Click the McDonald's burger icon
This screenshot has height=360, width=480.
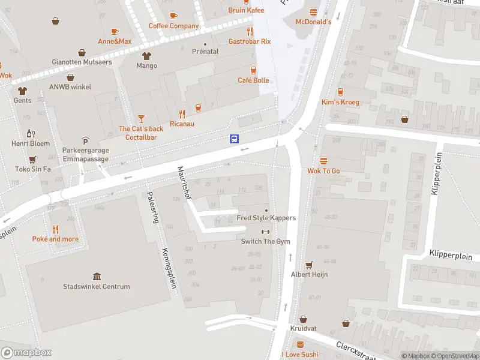[x=313, y=12]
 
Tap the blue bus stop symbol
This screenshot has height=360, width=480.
[x=234, y=139]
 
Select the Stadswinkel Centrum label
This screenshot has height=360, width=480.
[x=97, y=286]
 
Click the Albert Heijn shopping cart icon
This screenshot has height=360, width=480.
[x=310, y=265]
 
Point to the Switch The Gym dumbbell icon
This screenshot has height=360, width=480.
[x=266, y=232]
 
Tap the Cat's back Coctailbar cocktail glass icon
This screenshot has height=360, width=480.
[x=141, y=119]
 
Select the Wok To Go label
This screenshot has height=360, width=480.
[x=323, y=171]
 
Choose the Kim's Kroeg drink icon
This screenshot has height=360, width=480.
[x=340, y=92]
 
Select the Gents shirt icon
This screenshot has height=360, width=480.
[x=23, y=91]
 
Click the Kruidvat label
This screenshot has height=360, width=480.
[x=303, y=329]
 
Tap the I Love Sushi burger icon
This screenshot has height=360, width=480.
[x=300, y=345]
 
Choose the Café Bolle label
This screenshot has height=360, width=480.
[x=253, y=80]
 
